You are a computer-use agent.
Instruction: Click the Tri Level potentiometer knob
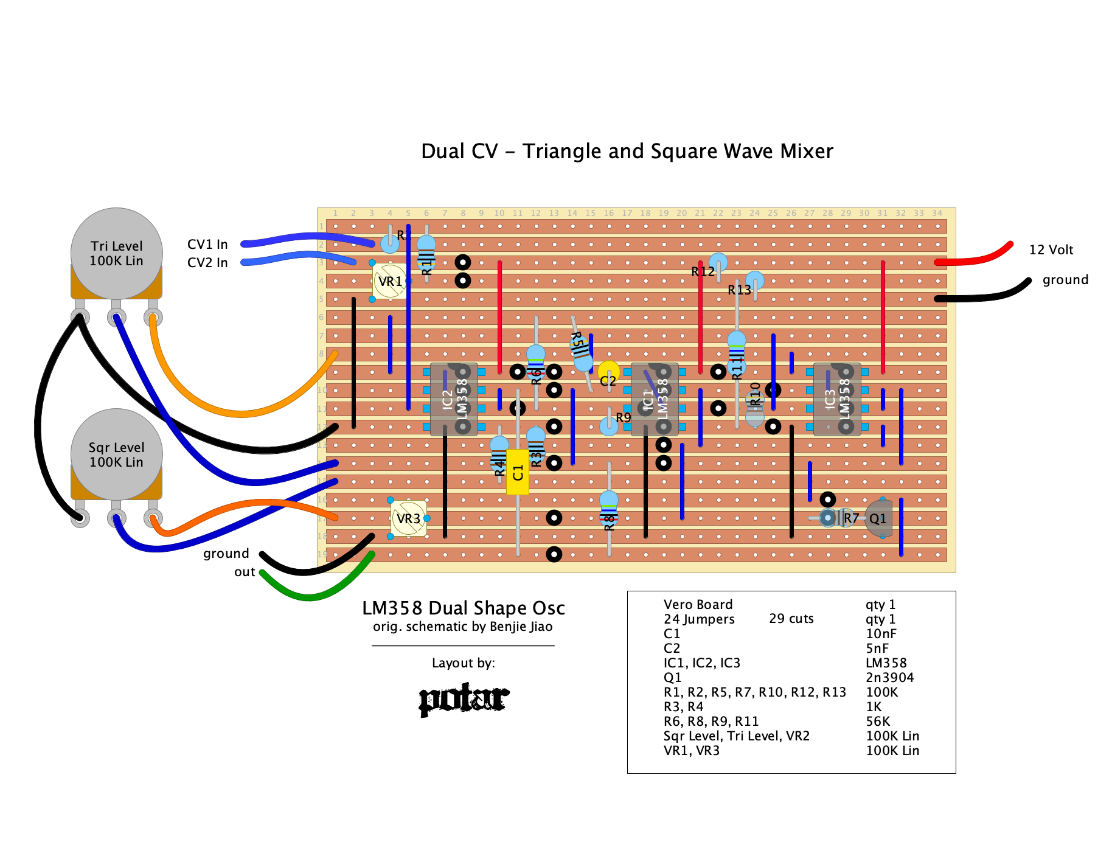click(116, 253)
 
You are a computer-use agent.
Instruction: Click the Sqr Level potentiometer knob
click(116, 454)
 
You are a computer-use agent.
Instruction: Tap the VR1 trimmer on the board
click(389, 281)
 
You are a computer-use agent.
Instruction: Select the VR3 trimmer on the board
click(408, 518)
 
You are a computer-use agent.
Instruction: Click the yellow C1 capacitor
click(518, 472)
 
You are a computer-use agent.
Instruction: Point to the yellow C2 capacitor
click(608, 371)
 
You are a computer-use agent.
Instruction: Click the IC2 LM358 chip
click(454, 399)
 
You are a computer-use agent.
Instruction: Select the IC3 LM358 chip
click(837, 399)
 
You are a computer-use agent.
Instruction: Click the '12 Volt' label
click(1051, 250)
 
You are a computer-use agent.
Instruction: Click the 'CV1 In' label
click(207, 245)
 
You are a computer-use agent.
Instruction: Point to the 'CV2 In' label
click(207, 263)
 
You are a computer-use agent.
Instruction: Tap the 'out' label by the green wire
click(245, 572)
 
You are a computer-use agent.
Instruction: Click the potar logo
click(464, 699)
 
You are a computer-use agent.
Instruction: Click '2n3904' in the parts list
click(889, 678)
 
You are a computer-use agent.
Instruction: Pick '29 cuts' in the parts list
click(791, 619)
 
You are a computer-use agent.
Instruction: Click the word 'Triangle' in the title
click(561, 151)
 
